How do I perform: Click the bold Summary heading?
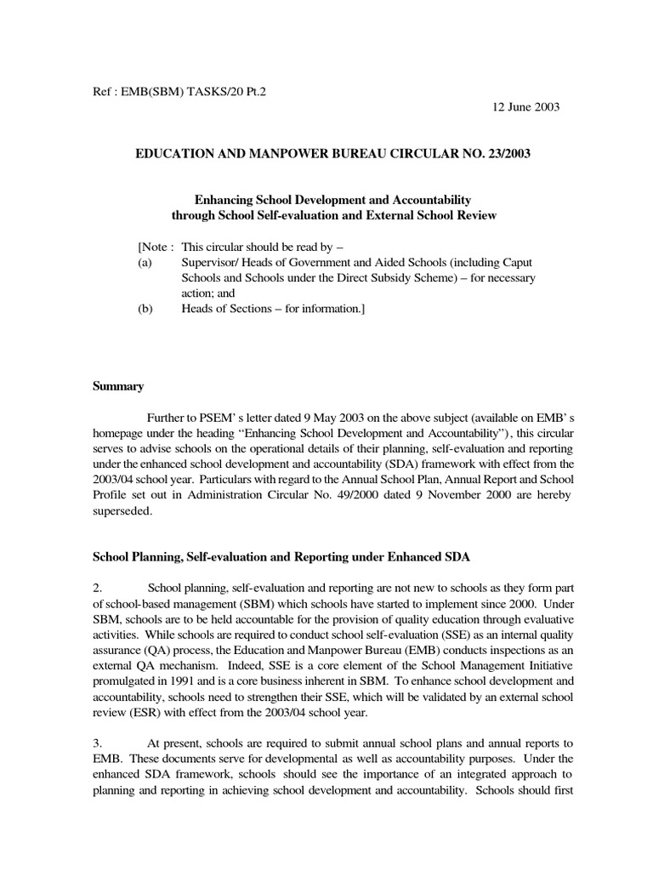coord(117,385)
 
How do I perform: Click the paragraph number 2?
coord(97,586)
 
